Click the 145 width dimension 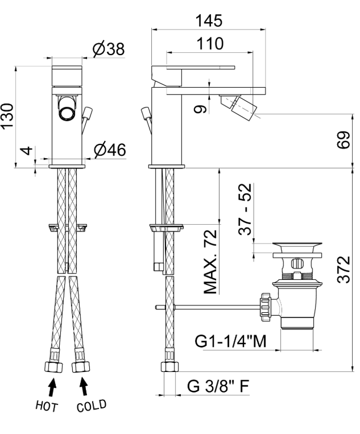(209, 20)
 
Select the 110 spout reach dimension (210, 44)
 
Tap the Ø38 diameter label (109, 49)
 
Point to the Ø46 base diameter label (110, 150)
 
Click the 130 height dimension (7, 115)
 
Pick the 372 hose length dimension (344, 269)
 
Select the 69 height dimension (344, 140)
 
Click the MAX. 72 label (210, 262)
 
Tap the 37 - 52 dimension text (245, 209)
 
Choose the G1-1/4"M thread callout (230, 341)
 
